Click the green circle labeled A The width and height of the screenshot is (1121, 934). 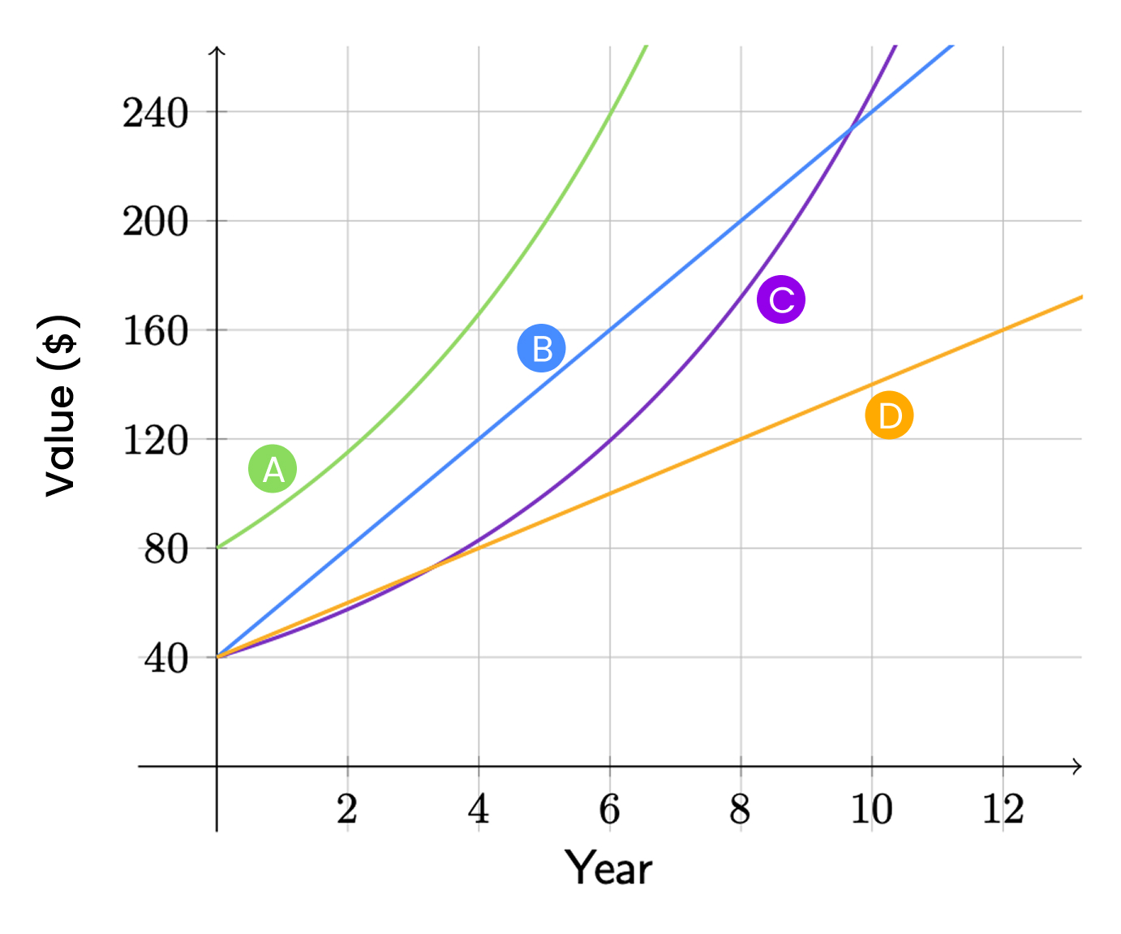click(273, 468)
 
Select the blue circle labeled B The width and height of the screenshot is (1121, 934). click(541, 348)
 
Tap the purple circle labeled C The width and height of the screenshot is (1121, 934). click(780, 299)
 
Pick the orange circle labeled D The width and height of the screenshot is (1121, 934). click(889, 415)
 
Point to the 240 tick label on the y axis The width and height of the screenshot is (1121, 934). click(156, 113)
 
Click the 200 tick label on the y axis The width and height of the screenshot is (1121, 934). click(156, 222)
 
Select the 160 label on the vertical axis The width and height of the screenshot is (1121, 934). click(156, 331)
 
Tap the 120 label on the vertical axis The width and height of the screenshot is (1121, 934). click(156, 441)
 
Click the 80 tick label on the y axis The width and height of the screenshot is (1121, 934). click(166, 549)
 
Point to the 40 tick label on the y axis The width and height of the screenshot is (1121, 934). click(166, 659)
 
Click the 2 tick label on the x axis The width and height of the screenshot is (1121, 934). click(347, 809)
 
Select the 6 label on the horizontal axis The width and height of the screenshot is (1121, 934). click(609, 809)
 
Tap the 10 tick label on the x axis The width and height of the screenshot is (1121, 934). click(871, 809)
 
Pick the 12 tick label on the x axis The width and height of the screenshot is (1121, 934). click(1003, 809)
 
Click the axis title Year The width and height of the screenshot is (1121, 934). click(608, 867)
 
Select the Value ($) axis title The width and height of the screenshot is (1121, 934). click(59, 405)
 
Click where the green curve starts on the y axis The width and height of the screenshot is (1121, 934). click(217, 547)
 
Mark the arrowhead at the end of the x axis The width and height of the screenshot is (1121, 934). click(1077, 766)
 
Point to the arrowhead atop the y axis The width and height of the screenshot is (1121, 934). click(217, 52)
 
